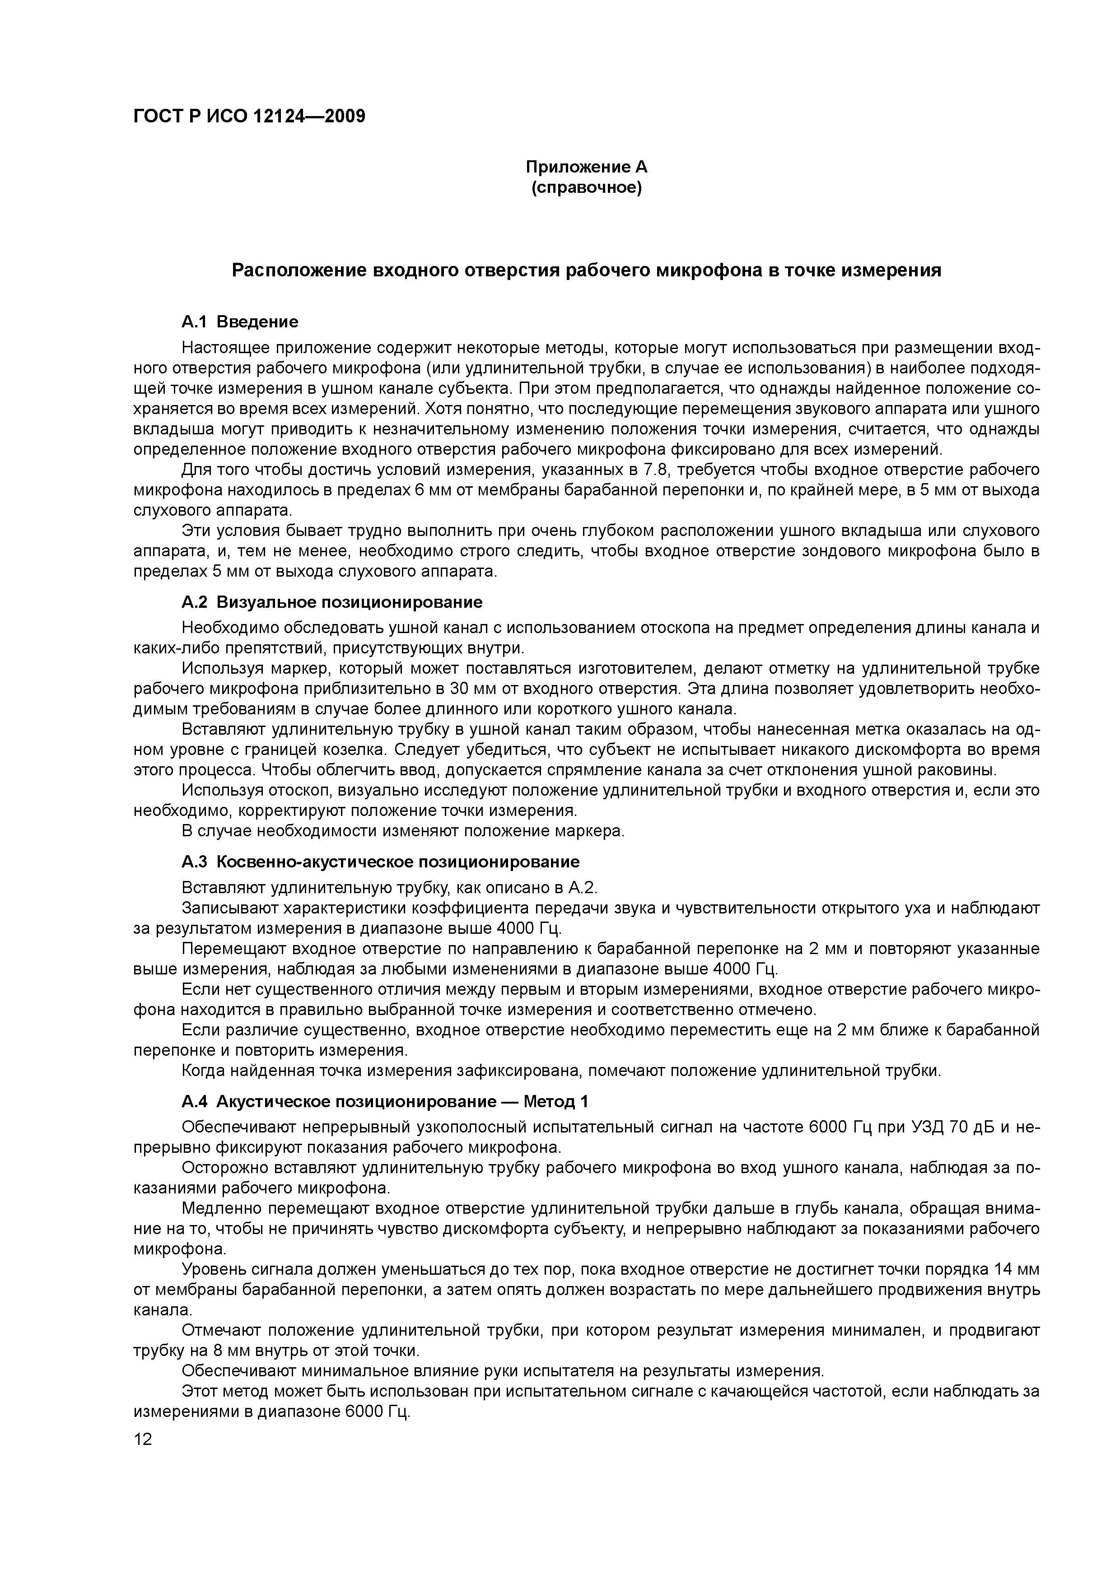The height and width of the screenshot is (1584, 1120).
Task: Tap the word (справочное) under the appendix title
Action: point(587,188)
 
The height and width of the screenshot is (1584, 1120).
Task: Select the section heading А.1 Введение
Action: point(239,321)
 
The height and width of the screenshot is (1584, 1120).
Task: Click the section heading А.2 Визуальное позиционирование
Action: point(332,602)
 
